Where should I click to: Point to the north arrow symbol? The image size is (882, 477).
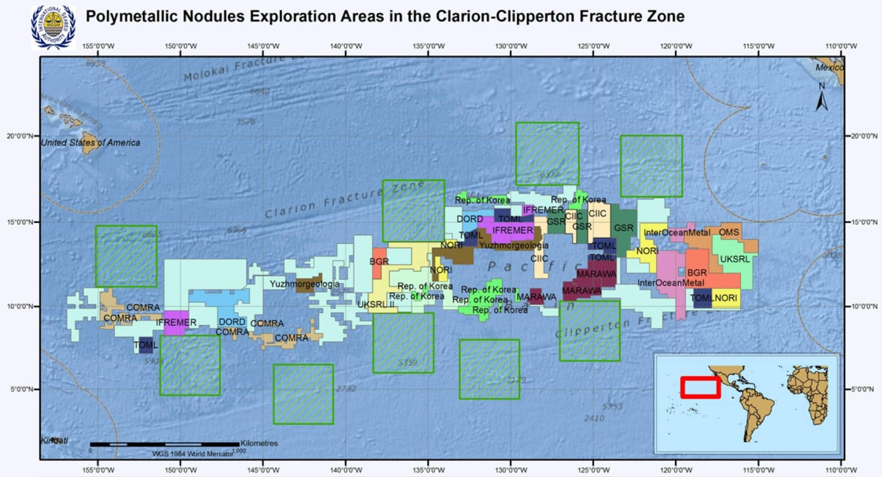[822, 97]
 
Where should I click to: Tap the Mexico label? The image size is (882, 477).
[829, 68]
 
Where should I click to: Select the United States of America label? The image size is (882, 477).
[90, 143]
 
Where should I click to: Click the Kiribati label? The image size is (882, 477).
[54, 441]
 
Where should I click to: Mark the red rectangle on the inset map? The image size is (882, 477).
[700, 387]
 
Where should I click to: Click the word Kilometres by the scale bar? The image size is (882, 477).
[259, 443]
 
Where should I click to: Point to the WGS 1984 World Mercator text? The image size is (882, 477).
[192, 454]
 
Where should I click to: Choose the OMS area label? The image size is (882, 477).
[729, 232]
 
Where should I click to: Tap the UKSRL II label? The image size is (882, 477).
[376, 305]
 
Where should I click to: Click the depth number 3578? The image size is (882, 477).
[246, 122]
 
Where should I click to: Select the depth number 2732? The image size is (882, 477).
[346, 389]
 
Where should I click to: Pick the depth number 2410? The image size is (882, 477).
[594, 418]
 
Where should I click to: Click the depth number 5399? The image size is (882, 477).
[407, 363]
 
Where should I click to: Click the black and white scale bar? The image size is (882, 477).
[164, 444]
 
